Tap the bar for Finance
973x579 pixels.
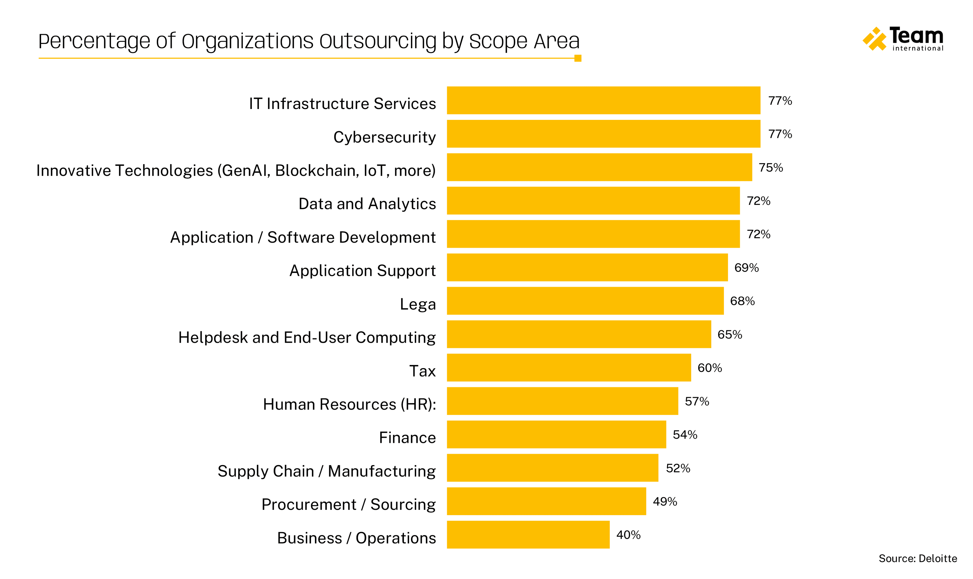556,434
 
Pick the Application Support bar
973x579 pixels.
587,267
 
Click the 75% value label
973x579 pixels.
770,167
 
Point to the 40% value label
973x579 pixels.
628,535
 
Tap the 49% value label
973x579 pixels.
665,501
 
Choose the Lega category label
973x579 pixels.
417,304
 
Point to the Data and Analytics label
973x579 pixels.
367,204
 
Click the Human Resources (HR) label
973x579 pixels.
349,404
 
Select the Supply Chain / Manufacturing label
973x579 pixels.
326,471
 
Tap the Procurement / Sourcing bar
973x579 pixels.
546,501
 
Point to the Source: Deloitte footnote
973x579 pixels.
917,558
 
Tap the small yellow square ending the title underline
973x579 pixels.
577,58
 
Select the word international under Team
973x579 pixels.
917,48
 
